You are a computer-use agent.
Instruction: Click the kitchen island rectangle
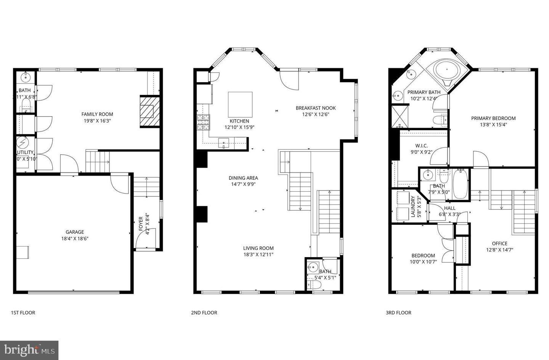tap(240, 104)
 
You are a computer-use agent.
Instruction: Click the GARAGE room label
tap(75, 232)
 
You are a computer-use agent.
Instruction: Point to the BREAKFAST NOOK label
tap(316, 108)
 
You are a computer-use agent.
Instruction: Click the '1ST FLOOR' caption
tap(23, 313)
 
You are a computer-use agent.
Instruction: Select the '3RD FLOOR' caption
tap(398, 313)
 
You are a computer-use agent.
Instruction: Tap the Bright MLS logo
tap(29, 350)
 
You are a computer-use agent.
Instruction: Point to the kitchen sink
tap(223, 144)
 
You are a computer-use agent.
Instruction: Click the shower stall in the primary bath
tap(400, 116)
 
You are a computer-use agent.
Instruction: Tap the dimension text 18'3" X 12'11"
tap(258, 255)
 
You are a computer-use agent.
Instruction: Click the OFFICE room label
tap(499, 243)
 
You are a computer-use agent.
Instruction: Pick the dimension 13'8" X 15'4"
tap(493, 125)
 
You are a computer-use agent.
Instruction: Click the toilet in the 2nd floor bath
tap(316, 285)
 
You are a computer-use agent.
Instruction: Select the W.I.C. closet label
tap(421, 146)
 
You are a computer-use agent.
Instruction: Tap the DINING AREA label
tap(243, 178)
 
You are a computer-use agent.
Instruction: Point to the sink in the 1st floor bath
tap(26, 77)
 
